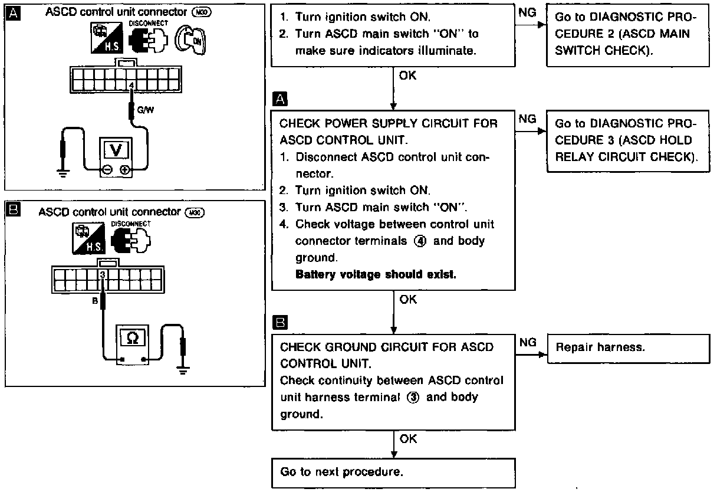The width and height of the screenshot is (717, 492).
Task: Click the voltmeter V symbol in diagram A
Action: (117, 149)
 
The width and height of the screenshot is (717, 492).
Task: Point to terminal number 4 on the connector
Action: (131, 85)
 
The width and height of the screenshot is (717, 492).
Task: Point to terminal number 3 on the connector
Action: (103, 274)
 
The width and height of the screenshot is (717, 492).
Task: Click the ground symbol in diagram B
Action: (183, 371)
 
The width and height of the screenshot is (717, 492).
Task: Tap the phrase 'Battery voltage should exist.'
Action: (376, 274)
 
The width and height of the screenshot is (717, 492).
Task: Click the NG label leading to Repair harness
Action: (528, 342)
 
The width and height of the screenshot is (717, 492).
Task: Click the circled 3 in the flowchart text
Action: (414, 397)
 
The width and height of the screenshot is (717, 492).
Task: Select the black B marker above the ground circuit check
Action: (281, 323)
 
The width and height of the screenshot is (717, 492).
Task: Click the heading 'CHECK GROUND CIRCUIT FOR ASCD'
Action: (387, 347)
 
